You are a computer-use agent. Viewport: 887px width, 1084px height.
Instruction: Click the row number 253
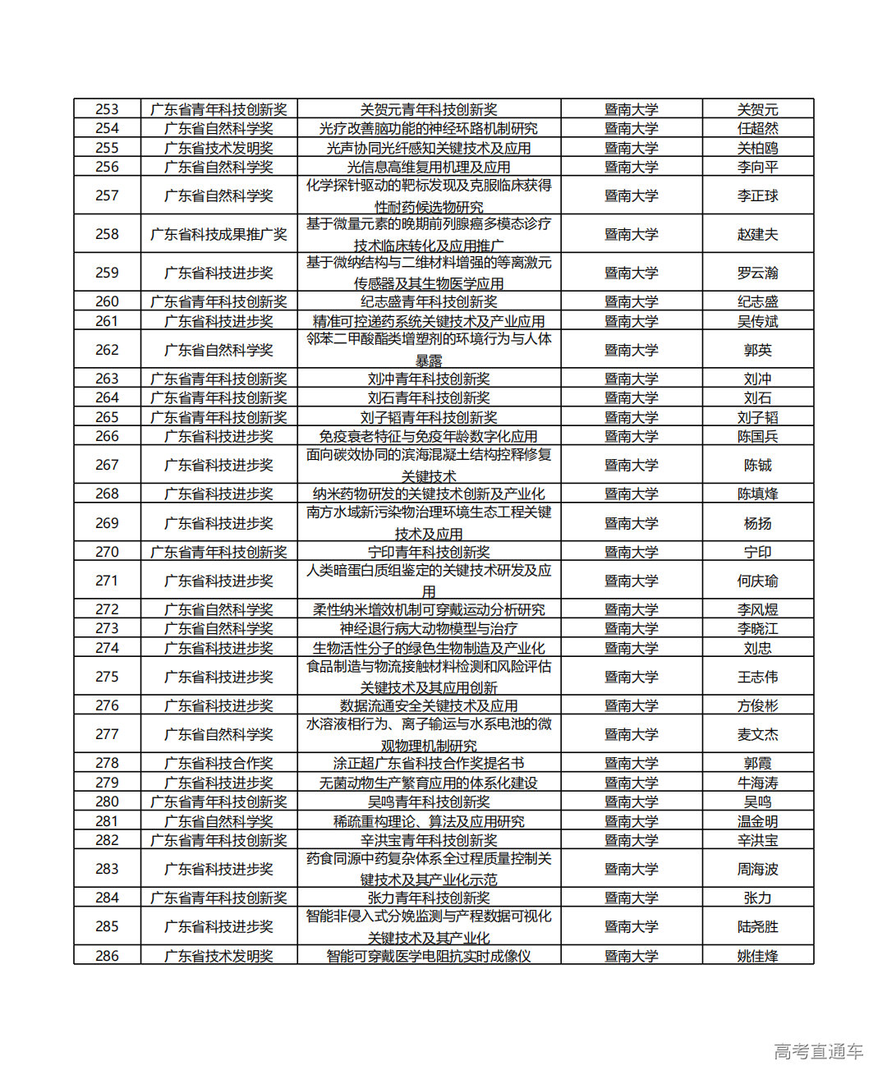click(x=107, y=109)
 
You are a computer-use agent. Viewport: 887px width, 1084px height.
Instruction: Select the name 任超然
click(x=757, y=128)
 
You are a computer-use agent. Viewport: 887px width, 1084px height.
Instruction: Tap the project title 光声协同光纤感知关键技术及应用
click(x=428, y=148)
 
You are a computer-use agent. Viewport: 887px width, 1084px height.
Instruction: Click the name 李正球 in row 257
click(x=757, y=195)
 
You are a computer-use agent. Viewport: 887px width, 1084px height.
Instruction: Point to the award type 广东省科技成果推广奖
click(x=218, y=234)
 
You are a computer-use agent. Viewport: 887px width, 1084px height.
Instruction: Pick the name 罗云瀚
click(x=757, y=273)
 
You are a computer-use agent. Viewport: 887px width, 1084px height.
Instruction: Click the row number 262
click(x=107, y=350)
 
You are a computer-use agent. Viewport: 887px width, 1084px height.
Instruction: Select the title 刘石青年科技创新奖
click(x=428, y=397)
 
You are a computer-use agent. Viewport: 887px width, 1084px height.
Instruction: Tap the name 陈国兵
click(x=757, y=436)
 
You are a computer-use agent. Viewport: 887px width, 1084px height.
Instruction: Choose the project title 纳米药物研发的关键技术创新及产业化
click(x=428, y=494)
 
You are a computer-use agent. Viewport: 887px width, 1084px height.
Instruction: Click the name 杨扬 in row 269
click(x=757, y=523)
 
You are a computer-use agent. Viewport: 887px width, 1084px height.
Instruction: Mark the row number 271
click(x=107, y=581)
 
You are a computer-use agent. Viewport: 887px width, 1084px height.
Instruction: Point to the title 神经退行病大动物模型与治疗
click(x=428, y=628)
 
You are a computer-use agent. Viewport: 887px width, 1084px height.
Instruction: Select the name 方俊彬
click(x=757, y=705)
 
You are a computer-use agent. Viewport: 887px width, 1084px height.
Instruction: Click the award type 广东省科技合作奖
click(x=218, y=763)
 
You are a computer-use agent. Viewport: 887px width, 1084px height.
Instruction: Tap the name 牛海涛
click(x=757, y=783)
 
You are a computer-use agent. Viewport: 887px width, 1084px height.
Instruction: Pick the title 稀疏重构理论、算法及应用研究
click(x=428, y=821)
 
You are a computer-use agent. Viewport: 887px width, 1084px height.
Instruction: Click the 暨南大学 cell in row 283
click(x=631, y=869)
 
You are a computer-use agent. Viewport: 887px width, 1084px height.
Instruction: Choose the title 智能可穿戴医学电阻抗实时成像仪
click(x=428, y=956)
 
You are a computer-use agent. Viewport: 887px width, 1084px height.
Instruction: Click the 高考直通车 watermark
click(x=818, y=1051)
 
